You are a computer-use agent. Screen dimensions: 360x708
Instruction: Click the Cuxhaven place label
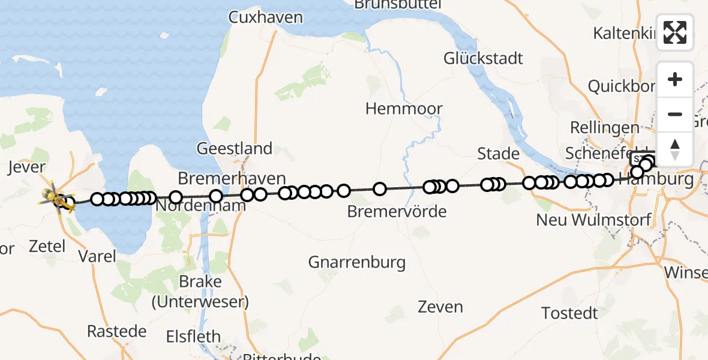(x=265, y=17)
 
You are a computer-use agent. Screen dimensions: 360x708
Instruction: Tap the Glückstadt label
(x=484, y=59)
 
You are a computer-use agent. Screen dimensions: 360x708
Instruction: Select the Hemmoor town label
(x=404, y=109)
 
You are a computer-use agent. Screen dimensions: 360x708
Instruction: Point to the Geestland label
(x=235, y=148)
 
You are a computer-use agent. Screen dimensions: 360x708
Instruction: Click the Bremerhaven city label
(x=232, y=179)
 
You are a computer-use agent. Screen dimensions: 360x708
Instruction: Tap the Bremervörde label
(x=397, y=212)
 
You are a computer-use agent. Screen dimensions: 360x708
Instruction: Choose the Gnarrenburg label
(x=356, y=262)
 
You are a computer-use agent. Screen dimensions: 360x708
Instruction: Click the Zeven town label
(x=441, y=307)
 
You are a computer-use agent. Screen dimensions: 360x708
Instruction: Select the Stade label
(x=498, y=154)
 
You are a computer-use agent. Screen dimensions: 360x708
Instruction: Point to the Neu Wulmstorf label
(x=593, y=220)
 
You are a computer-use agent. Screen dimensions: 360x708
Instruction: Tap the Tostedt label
(x=569, y=313)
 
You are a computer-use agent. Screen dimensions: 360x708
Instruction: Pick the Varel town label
(x=97, y=256)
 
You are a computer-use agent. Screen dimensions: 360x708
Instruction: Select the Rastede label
(x=116, y=331)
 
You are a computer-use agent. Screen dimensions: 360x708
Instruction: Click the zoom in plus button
(x=675, y=80)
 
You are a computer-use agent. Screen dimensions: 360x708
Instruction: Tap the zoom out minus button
(x=675, y=114)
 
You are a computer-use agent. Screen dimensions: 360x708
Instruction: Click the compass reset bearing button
(x=675, y=149)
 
